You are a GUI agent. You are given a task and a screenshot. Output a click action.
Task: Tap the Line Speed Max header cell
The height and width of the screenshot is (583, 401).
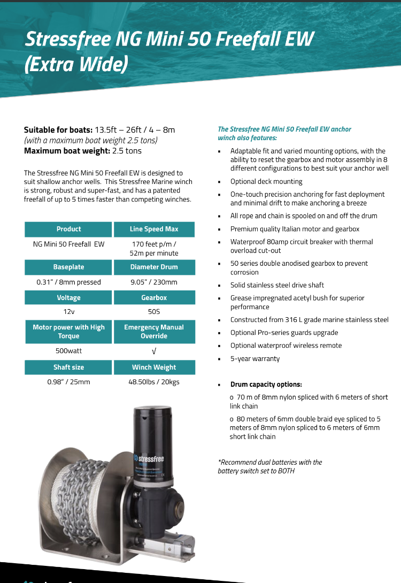154,229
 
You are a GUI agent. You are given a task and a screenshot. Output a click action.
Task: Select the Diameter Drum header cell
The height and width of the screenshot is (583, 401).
154,267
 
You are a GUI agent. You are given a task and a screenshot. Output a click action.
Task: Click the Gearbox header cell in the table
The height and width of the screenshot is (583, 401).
154,297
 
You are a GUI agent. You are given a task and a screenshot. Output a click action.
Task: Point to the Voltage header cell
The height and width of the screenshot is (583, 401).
68,297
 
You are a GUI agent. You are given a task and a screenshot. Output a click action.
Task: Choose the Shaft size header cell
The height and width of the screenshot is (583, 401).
68,367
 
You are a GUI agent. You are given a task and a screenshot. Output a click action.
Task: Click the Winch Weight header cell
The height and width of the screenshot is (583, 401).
154,367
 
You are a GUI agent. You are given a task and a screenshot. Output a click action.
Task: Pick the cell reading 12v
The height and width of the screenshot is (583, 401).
68,311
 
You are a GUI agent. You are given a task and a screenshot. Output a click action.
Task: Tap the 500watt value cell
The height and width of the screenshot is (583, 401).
68,351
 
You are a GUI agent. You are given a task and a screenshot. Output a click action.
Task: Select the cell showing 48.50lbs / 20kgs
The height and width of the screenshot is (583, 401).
154,382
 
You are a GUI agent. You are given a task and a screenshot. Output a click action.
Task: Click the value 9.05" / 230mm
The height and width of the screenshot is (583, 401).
154,282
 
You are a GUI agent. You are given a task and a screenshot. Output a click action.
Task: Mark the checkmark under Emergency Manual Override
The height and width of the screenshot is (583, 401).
154,351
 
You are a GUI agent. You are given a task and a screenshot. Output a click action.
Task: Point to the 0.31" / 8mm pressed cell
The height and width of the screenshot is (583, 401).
68,282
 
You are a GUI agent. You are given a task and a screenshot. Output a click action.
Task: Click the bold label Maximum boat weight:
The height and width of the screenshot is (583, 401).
67,151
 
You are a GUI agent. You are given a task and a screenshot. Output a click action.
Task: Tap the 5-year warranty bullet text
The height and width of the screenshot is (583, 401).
255,358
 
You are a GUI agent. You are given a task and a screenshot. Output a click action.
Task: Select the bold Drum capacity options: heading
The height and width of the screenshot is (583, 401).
266,384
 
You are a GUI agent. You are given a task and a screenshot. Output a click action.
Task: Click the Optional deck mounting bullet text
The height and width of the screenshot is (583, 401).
266,181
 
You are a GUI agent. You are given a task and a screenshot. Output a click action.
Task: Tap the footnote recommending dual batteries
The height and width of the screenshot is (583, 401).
270,466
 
